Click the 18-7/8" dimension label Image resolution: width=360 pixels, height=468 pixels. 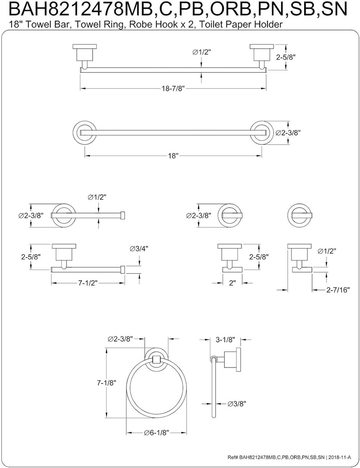[173, 90]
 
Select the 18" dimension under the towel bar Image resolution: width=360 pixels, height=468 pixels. [172, 156]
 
